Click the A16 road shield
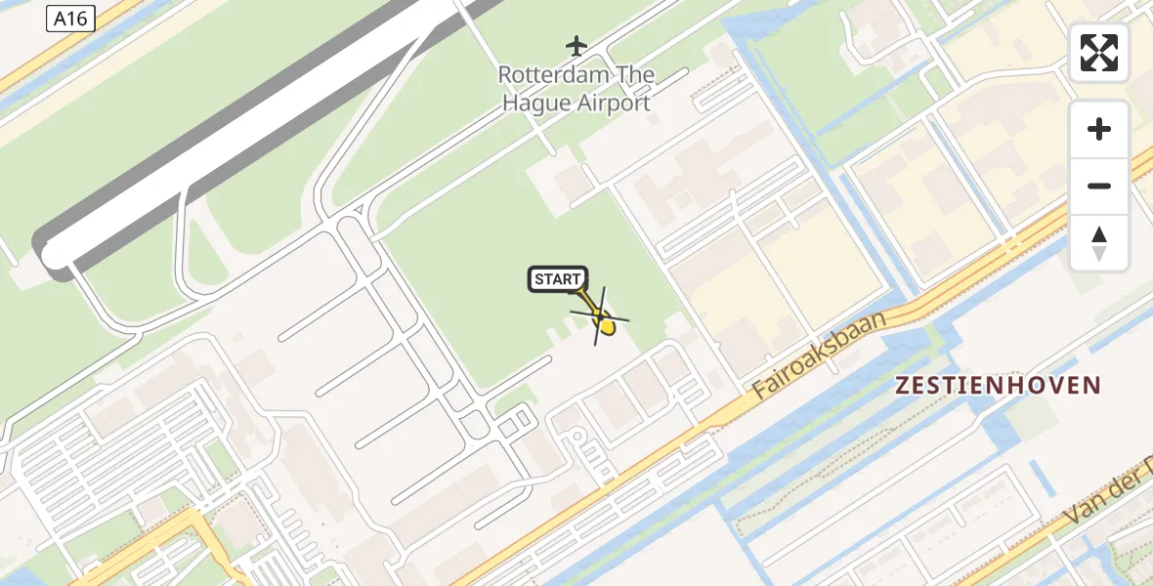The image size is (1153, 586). tap(70, 18)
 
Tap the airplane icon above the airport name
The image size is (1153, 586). tap(576, 45)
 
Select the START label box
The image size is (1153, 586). tap(558, 279)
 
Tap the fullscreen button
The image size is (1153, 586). tap(1099, 53)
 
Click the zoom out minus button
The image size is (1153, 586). tap(1099, 186)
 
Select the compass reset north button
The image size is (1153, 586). tap(1099, 242)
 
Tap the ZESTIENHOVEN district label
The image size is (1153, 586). tap(998, 386)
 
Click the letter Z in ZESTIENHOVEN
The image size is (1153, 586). tap(903, 386)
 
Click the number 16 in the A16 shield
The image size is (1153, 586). tap(79, 18)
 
